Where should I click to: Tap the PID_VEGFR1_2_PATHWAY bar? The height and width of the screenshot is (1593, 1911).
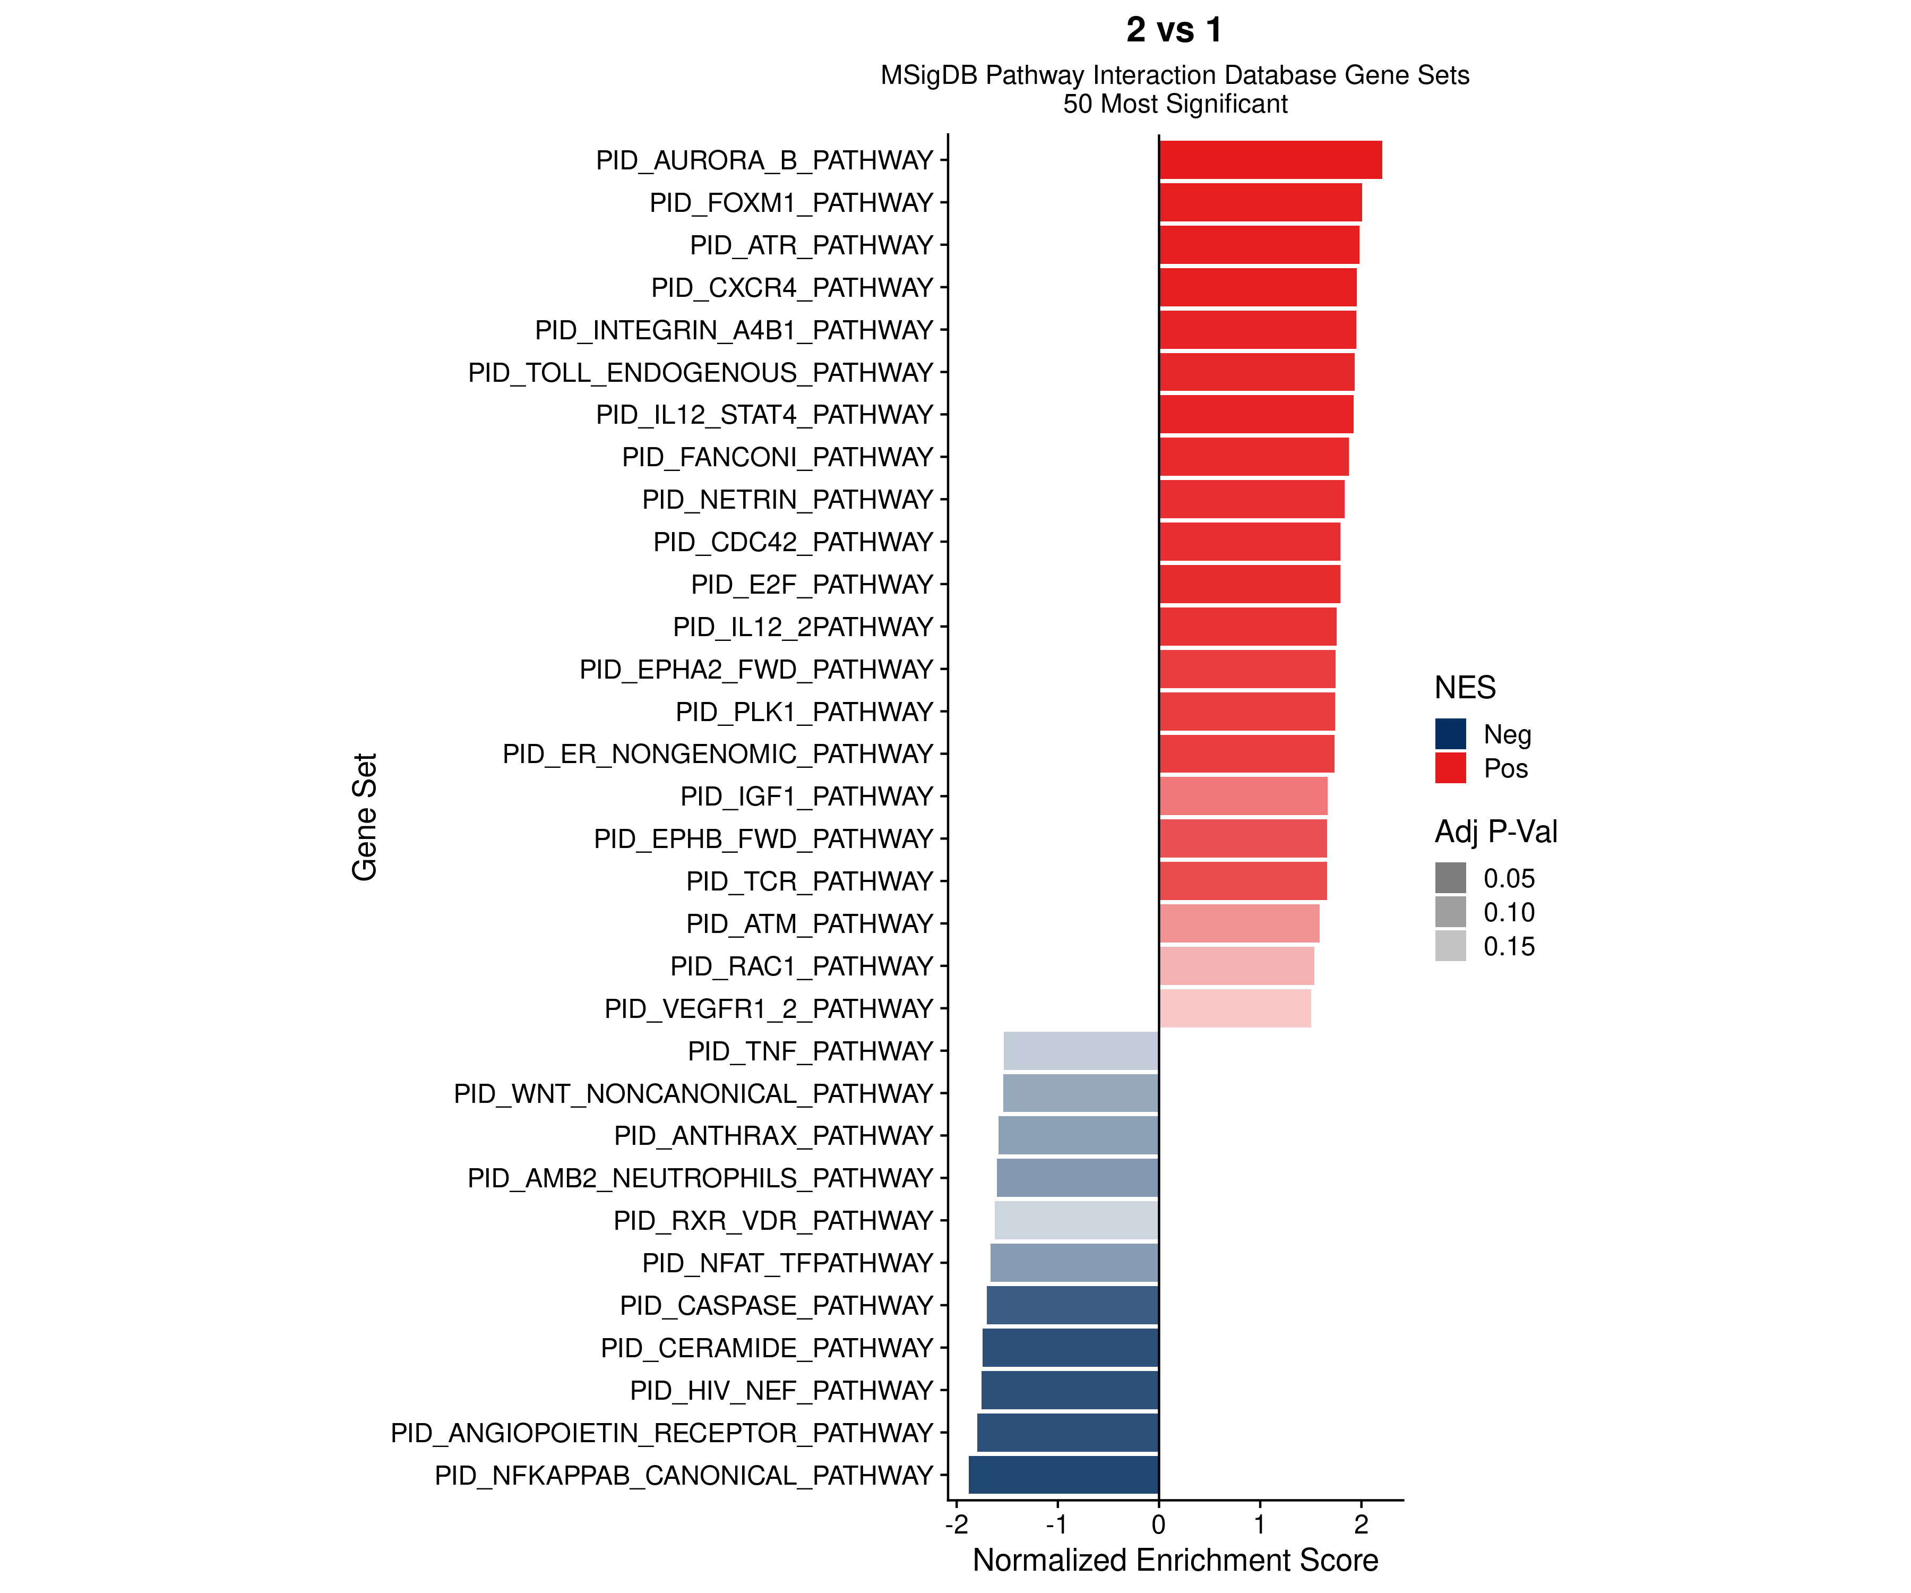(1235, 1008)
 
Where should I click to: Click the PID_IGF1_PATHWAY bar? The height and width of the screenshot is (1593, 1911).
(1243, 796)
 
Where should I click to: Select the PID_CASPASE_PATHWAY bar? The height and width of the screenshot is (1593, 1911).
(1072, 1305)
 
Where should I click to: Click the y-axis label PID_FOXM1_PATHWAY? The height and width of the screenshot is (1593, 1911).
(791, 203)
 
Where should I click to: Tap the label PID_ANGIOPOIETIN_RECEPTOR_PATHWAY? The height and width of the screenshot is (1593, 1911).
(661, 1433)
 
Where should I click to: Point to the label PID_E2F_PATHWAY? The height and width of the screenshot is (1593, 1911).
(812, 585)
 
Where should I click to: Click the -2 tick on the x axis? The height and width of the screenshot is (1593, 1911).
(957, 1525)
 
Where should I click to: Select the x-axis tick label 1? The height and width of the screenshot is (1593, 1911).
(1260, 1525)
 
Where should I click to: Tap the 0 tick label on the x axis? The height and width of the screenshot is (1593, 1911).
(1158, 1525)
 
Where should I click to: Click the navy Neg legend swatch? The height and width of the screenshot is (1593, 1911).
(1451, 734)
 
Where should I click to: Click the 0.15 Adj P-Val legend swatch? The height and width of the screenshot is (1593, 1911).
(1451, 946)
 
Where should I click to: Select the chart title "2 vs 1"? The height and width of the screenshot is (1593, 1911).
(1174, 30)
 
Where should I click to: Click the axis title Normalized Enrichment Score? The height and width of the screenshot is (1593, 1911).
(1175, 1560)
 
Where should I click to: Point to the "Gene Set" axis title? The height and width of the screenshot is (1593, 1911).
(365, 817)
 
